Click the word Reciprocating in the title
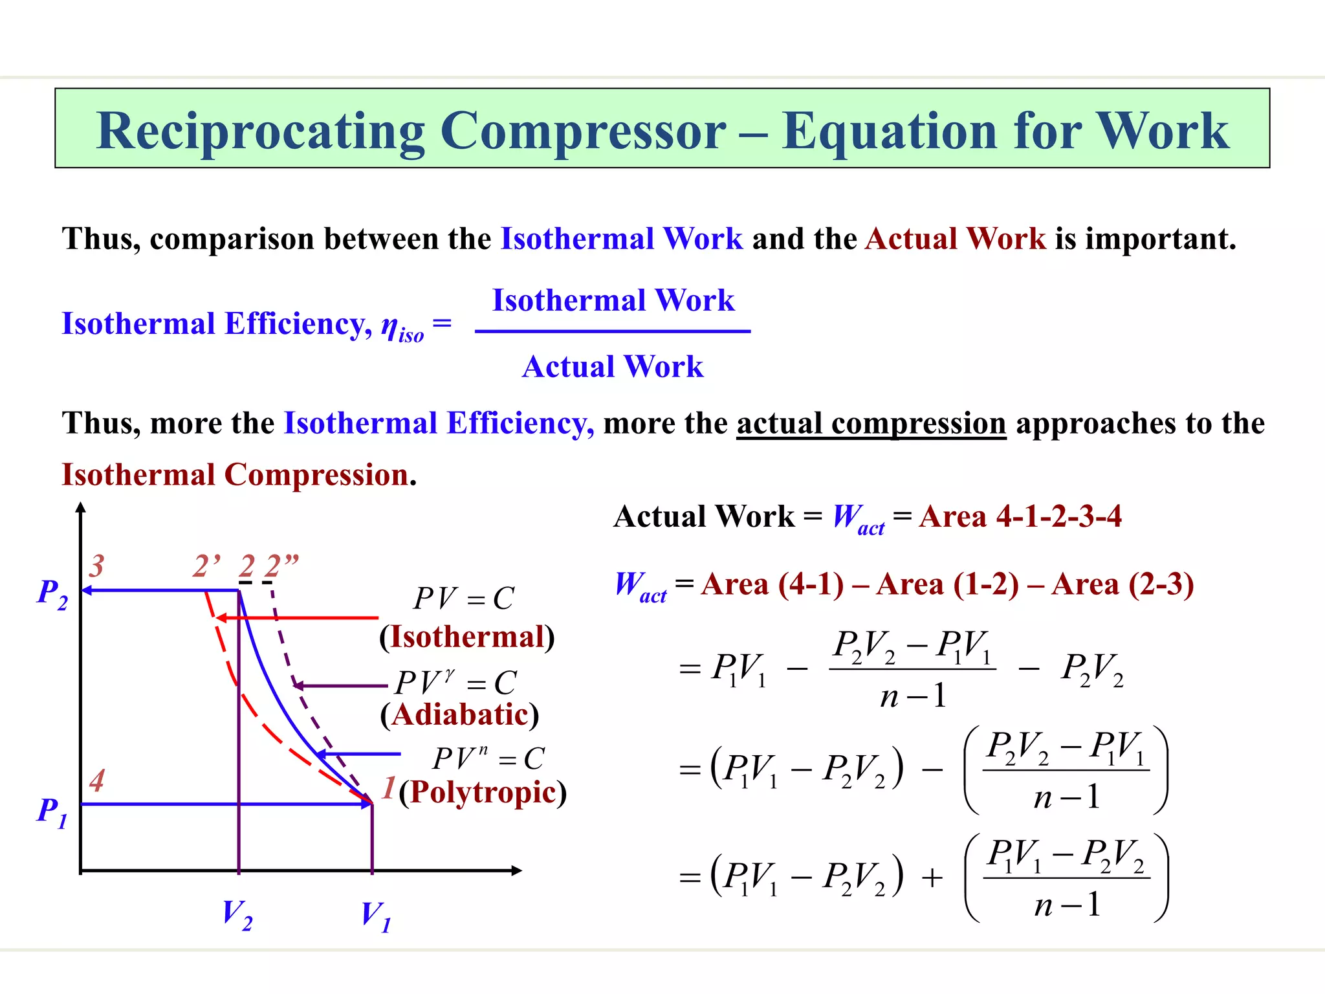[x=261, y=131]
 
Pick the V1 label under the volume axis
[x=376, y=916]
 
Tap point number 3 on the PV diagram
[x=96, y=566]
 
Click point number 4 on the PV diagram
[x=97, y=780]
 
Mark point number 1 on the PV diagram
[x=388, y=788]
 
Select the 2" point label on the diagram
[x=281, y=566]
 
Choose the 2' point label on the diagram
[x=207, y=566]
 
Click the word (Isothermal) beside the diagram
[x=467, y=637]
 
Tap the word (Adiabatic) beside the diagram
[x=459, y=714]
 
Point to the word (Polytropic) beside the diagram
[x=483, y=792]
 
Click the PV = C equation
[x=464, y=599]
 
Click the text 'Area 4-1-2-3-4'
[x=1020, y=516]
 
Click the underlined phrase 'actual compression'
[x=871, y=424]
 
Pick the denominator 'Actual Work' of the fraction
[x=613, y=367]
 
